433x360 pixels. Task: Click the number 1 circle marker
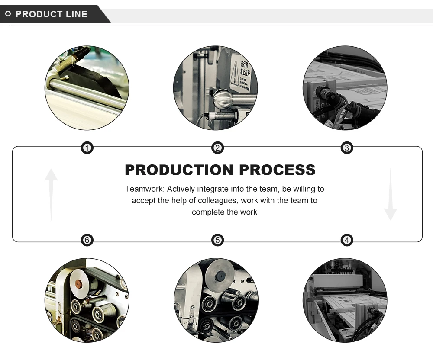(87, 148)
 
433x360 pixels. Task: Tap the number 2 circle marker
(217, 148)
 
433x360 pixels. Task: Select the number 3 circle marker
(347, 148)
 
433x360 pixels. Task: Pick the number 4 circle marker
(347, 240)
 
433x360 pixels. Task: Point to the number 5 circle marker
(217, 240)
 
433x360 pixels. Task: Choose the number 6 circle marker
(87, 240)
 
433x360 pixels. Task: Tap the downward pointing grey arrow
(390, 195)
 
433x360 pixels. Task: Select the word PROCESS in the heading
(278, 170)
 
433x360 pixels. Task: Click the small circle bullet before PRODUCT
(8, 14)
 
